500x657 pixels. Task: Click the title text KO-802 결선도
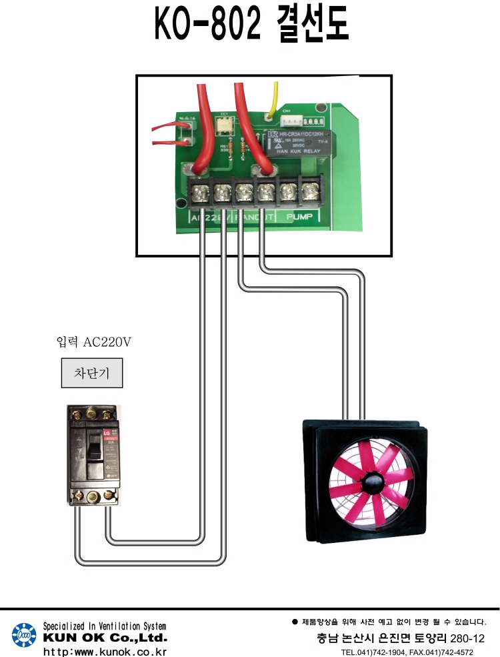click(251, 26)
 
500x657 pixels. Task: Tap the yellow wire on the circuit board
click(272, 100)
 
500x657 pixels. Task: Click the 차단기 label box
click(92, 374)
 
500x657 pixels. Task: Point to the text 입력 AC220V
click(94, 342)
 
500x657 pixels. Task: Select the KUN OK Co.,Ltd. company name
click(105, 638)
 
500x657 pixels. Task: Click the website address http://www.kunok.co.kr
click(105, 651)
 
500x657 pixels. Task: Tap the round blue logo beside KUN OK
click(24, 636)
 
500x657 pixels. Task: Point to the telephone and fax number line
click(407, 652)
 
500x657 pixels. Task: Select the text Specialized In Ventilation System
click(105, 626)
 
